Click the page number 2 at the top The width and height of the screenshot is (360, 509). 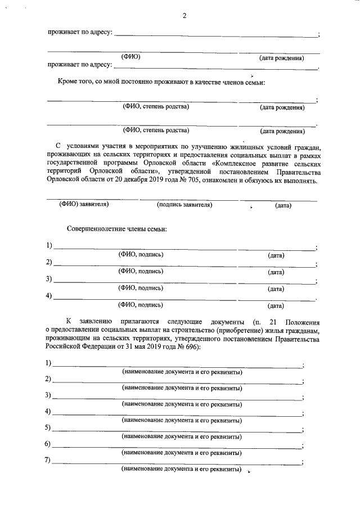coord(183,15)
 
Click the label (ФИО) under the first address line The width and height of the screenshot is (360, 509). coord(131,57)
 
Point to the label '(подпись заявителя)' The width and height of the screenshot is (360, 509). coord(184,205)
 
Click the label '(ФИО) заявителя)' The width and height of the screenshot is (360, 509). coord(84,205)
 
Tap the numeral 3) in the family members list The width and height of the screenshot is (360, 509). coord(49,279)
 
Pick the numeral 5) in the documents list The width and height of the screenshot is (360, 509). coord(48,428)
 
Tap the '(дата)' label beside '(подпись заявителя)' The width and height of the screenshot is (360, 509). coord(283,206)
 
